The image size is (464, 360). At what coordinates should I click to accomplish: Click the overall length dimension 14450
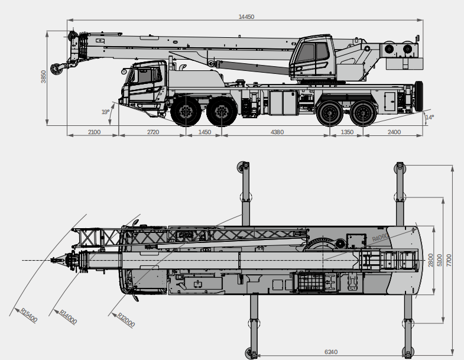click(x=246, y=17)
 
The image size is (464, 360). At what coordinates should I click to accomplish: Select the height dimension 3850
click(x=44, y=77)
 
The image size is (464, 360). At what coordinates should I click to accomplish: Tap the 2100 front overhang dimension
click(x=94, y=132)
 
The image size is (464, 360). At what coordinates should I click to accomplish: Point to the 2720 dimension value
click(x=153, y=132)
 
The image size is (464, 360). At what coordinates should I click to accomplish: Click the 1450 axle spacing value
click(x=205, y=132)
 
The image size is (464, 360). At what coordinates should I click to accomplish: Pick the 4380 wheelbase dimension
click(x=277, y=132)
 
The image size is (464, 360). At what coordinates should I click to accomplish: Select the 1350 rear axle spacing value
click(x=347, y=132)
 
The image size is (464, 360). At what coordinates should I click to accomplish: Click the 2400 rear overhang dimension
click(x=394, y=132)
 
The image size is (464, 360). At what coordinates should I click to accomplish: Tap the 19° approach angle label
click(x=105, y=112)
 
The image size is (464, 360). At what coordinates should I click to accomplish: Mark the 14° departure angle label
click(x=429, y=117)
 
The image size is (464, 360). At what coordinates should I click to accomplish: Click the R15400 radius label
click(x=29, y=315)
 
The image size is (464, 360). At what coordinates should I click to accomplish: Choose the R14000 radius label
click(x=68, y=317)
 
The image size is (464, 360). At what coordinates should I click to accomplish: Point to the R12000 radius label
click(x=126, y=320)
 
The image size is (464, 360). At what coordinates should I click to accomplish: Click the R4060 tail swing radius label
click(x=380, y=238)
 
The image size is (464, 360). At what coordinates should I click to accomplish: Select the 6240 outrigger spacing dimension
click(x=331, y=352)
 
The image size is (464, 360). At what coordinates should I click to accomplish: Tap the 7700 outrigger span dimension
click(x=449, y=260)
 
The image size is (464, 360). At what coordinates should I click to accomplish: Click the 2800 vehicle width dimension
click(x=430, y=260)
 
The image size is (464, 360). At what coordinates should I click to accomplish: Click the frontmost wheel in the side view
click(x=186, y=112)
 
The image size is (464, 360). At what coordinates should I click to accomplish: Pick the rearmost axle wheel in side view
click(x=363, y=113)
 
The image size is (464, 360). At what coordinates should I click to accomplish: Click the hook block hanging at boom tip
click(x=57, y=69)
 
